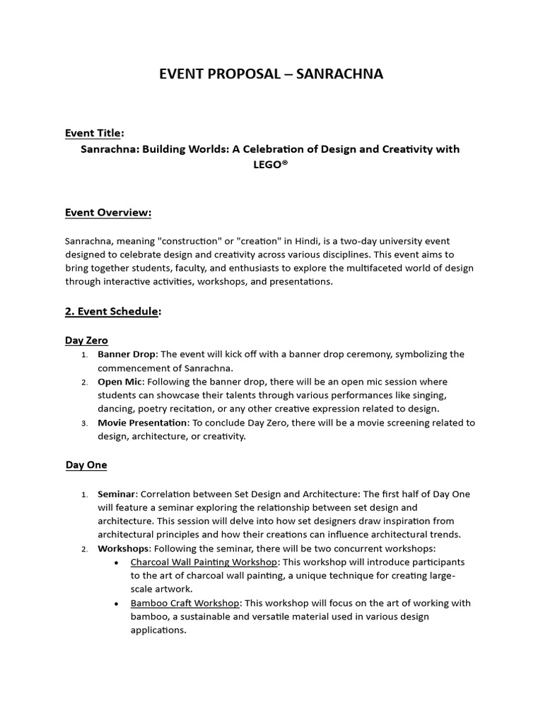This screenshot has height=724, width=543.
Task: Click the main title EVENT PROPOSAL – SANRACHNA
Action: (271, 74)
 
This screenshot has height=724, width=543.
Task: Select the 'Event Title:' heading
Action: (94, 133)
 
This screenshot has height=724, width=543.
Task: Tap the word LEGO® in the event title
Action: (271, 165)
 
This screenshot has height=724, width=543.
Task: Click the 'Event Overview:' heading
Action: (108, 212)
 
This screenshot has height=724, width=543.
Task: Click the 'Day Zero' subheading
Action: (86, 340)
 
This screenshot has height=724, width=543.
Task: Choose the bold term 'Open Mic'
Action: (119, 382)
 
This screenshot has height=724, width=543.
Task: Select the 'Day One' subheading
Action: (86, 465)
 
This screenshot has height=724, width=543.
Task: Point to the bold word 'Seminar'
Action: (116, 494)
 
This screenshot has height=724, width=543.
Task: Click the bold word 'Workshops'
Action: (123, 548)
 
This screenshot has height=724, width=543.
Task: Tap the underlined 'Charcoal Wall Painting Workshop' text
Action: (204, 562)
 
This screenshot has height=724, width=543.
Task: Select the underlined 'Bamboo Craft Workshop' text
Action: (185, 603)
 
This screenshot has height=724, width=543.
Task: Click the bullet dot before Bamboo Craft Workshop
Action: (116, 604)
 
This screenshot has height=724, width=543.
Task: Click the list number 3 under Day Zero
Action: (83, 424)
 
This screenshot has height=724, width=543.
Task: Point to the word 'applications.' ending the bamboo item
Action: (158, 630)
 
